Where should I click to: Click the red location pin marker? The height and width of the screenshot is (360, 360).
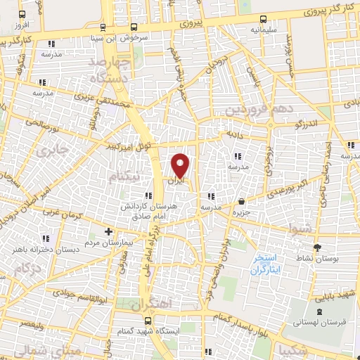point(181,165)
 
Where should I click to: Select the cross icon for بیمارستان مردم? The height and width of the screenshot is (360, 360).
point(108,231)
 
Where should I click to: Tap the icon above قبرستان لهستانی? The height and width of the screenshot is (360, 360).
point(321,310)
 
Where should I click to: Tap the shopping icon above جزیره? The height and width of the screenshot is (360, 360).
point(242,200)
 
